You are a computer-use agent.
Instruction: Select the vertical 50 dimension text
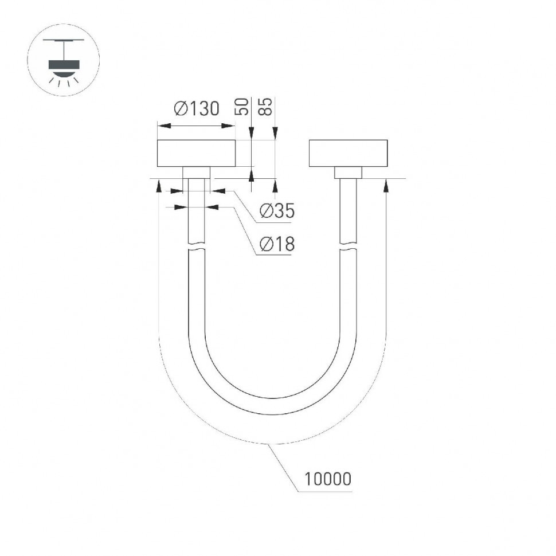[x=242, y=107]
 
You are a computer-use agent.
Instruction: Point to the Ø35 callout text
[x=277, y=212]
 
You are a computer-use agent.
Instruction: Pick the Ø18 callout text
[x=277, y=245]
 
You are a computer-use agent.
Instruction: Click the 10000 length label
[x=328, y=479]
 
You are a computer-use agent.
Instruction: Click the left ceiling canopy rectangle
[x=196, y=153]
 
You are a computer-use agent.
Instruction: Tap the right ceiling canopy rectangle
[x=349, y=153]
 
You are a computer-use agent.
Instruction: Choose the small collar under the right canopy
[x=349, y=173]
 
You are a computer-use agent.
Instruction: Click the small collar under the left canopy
[x=196, y=173]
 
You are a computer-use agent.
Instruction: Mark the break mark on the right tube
[x=349, y=248]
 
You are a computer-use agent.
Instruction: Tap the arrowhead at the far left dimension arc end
[x=158, y=185]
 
